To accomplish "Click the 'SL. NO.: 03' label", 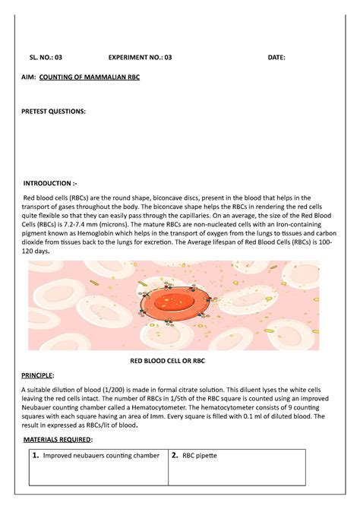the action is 46,57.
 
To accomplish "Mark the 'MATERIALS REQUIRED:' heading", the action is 59,439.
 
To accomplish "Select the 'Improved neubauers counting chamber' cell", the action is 101,456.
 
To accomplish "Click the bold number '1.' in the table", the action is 35,456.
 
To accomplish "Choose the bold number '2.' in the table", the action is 175,456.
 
